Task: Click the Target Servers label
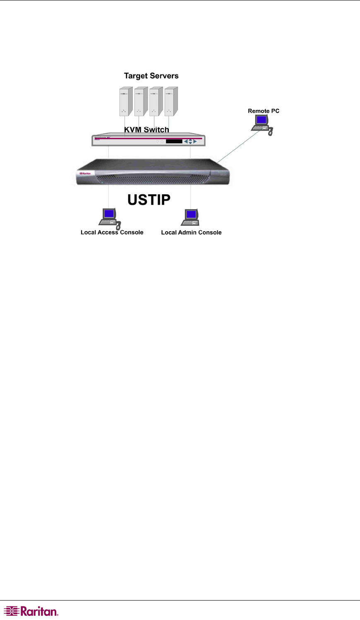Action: [x=151, y=76]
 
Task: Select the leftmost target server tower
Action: [x=126, y=101]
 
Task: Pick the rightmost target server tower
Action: [x=171, y=101]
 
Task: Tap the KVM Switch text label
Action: [x=146, y=129]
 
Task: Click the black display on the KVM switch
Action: [x=174, y=141]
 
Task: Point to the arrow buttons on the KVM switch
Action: [x=190, y=141]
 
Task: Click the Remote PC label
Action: [x=264, y=111]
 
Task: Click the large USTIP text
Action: [x=149, y=200]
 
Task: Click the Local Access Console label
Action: [x=112, y=232]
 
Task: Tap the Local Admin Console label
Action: [x=191, y=232]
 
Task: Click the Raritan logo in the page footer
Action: [x=31, y=611]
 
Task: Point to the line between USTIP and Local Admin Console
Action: [x=190, y=196]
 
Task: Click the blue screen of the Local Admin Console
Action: [x=191, y=215]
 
